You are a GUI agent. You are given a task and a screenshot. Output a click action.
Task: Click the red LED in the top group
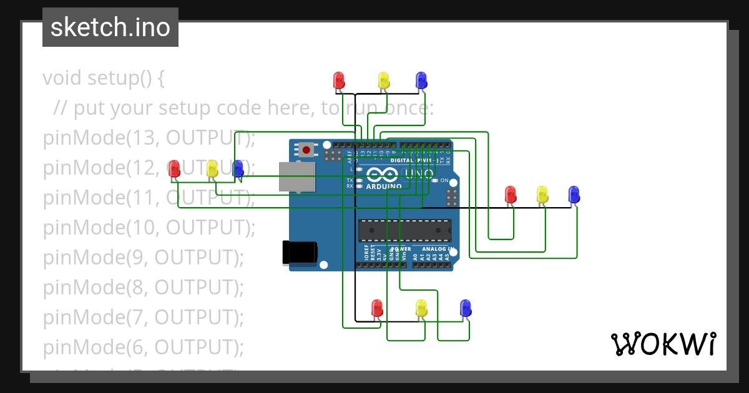[339, 80]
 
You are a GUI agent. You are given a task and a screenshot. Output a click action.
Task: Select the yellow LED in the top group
[383, 80]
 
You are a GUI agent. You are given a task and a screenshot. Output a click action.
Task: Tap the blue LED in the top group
[421, 80]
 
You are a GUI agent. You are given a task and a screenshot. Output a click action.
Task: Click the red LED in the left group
[175, 168]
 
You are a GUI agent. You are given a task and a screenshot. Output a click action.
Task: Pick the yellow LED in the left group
[212, 168]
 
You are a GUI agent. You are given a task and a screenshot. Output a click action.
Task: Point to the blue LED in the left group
[238, 168]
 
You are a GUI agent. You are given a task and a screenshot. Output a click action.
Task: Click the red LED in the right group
[511, 195]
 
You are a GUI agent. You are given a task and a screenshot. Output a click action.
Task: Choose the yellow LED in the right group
[542, 195]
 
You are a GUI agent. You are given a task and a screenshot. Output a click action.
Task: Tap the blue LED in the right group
[574, 195]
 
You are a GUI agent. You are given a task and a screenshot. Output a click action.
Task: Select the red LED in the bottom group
[377, 308]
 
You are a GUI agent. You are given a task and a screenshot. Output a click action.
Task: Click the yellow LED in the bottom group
[421, 308]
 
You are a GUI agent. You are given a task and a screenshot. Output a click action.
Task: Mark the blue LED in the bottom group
[465, 308]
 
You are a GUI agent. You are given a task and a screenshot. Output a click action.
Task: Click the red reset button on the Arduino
[306, 150]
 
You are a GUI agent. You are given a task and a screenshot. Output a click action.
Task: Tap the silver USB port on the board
[296, 177]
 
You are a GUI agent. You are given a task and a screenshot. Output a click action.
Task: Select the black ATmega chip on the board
[404, 230]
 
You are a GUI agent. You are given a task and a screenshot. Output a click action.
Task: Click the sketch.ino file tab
[110, 27]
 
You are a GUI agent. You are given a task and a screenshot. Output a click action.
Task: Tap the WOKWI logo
[663, 344]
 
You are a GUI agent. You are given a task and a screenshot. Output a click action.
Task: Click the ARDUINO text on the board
[384, 186]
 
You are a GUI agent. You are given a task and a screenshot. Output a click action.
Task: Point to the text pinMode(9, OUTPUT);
[143, 257]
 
